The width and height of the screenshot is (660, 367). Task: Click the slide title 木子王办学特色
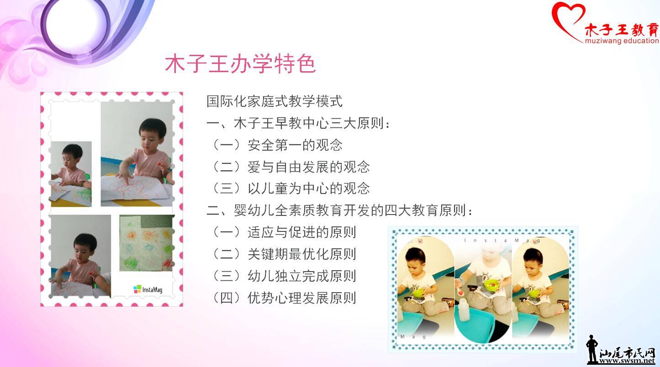[x=240, y=63]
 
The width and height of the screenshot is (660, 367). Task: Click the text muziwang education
[x=622, y=41]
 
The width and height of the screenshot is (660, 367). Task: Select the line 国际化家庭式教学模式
[x=275, y=101]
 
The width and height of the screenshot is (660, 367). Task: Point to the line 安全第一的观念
[x=295, y=145]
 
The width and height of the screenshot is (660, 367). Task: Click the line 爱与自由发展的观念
[x=308, y=167]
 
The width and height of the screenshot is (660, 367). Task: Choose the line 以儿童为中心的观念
[x=308, y=189]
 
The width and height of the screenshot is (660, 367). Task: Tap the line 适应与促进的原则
[x=302, y=232]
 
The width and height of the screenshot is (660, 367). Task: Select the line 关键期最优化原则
[x=302, y=254]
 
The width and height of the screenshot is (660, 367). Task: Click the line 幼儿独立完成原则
[x=302, y=276]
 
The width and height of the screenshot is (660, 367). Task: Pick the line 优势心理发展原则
[x=302, y=298]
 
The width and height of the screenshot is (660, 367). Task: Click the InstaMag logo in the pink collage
[x=148, y=289]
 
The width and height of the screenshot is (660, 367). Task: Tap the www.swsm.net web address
[x=627, y=361]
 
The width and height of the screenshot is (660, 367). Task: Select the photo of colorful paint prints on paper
[x=147, y=243]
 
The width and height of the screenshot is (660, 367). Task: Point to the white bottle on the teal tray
[x=464, y=309]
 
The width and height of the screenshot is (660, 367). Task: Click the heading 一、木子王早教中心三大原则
[x=298, y=123]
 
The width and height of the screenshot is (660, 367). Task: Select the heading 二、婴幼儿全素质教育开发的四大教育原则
[x=339, y=210]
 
